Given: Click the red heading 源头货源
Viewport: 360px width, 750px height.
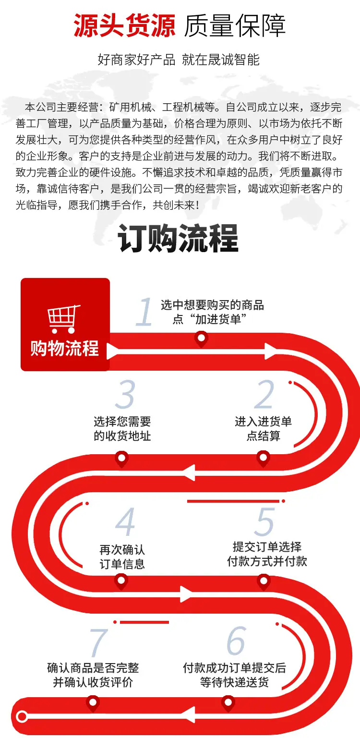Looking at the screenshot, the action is tap(124, 25).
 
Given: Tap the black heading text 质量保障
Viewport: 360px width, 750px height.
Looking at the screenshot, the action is tap(235, 25).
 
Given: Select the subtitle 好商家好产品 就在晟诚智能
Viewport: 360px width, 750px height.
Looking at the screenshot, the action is tap(179, 60).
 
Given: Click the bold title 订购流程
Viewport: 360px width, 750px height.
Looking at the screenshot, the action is tap(178, 238).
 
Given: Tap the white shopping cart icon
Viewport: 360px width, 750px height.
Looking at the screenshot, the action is tap(63, 319).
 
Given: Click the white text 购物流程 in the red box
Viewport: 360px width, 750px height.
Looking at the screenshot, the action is tap(65, 348).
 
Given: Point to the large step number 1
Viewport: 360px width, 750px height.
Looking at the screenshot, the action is tap(144, 312).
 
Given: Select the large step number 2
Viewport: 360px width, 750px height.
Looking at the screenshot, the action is tap(264, 394).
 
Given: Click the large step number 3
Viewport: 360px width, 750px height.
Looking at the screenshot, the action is tap(125, 394).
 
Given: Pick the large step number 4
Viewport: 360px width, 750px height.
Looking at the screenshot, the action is tap(125, 521).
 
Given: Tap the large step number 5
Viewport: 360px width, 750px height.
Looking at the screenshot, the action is tap(264, 521).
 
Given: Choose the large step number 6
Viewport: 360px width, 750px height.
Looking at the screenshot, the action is tap(236, 641).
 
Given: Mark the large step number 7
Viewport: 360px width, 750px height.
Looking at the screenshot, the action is tap(98, 642).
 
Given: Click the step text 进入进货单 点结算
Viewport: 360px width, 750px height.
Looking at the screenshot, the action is tap(264, 429).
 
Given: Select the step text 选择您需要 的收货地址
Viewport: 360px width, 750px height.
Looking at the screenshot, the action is tap(122, 429).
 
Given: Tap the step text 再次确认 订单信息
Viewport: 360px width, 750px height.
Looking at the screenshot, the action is tap(122, 557).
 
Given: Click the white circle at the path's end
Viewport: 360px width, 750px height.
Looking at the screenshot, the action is tap(22, 716).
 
